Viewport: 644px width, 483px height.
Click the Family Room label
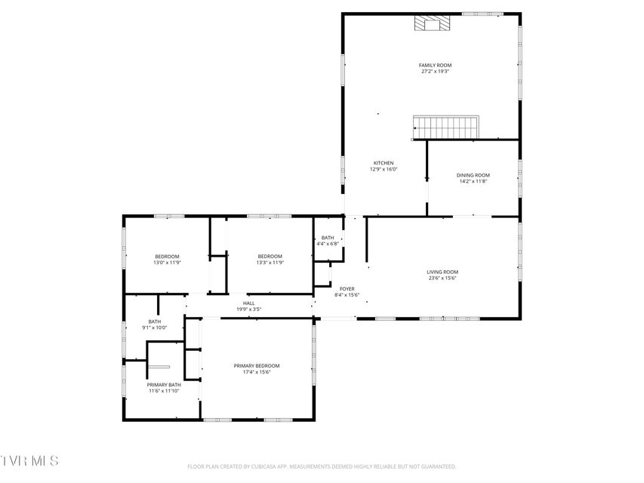click(x=435, y=65)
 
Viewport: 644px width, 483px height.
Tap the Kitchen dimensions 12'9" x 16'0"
click(x=384, y=169)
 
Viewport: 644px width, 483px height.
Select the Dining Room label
click(x=473, y=175)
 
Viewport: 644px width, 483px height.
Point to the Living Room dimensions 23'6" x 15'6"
click(x=442, y=278)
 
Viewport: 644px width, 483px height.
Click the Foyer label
click(x=347, y=289)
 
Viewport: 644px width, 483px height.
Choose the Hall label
click(x=248, y=303)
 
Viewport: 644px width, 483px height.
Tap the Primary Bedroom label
click(x=257, y=366)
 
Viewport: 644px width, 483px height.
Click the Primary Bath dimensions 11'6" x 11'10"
click(x=164, y=391)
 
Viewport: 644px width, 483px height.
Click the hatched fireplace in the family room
click(x=432, y=23)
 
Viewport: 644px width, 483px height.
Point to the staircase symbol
click(x=445, y=128)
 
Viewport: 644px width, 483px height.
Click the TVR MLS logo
click(x=29, y=460)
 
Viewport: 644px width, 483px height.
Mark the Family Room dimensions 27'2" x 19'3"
click(x=435, y=71)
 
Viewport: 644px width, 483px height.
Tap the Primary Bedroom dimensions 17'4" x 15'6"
click(x=257, y=372)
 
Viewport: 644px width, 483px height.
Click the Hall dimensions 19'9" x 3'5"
click(x=248, y=309)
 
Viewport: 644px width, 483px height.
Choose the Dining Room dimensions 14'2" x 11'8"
click(x=473, y=181)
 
